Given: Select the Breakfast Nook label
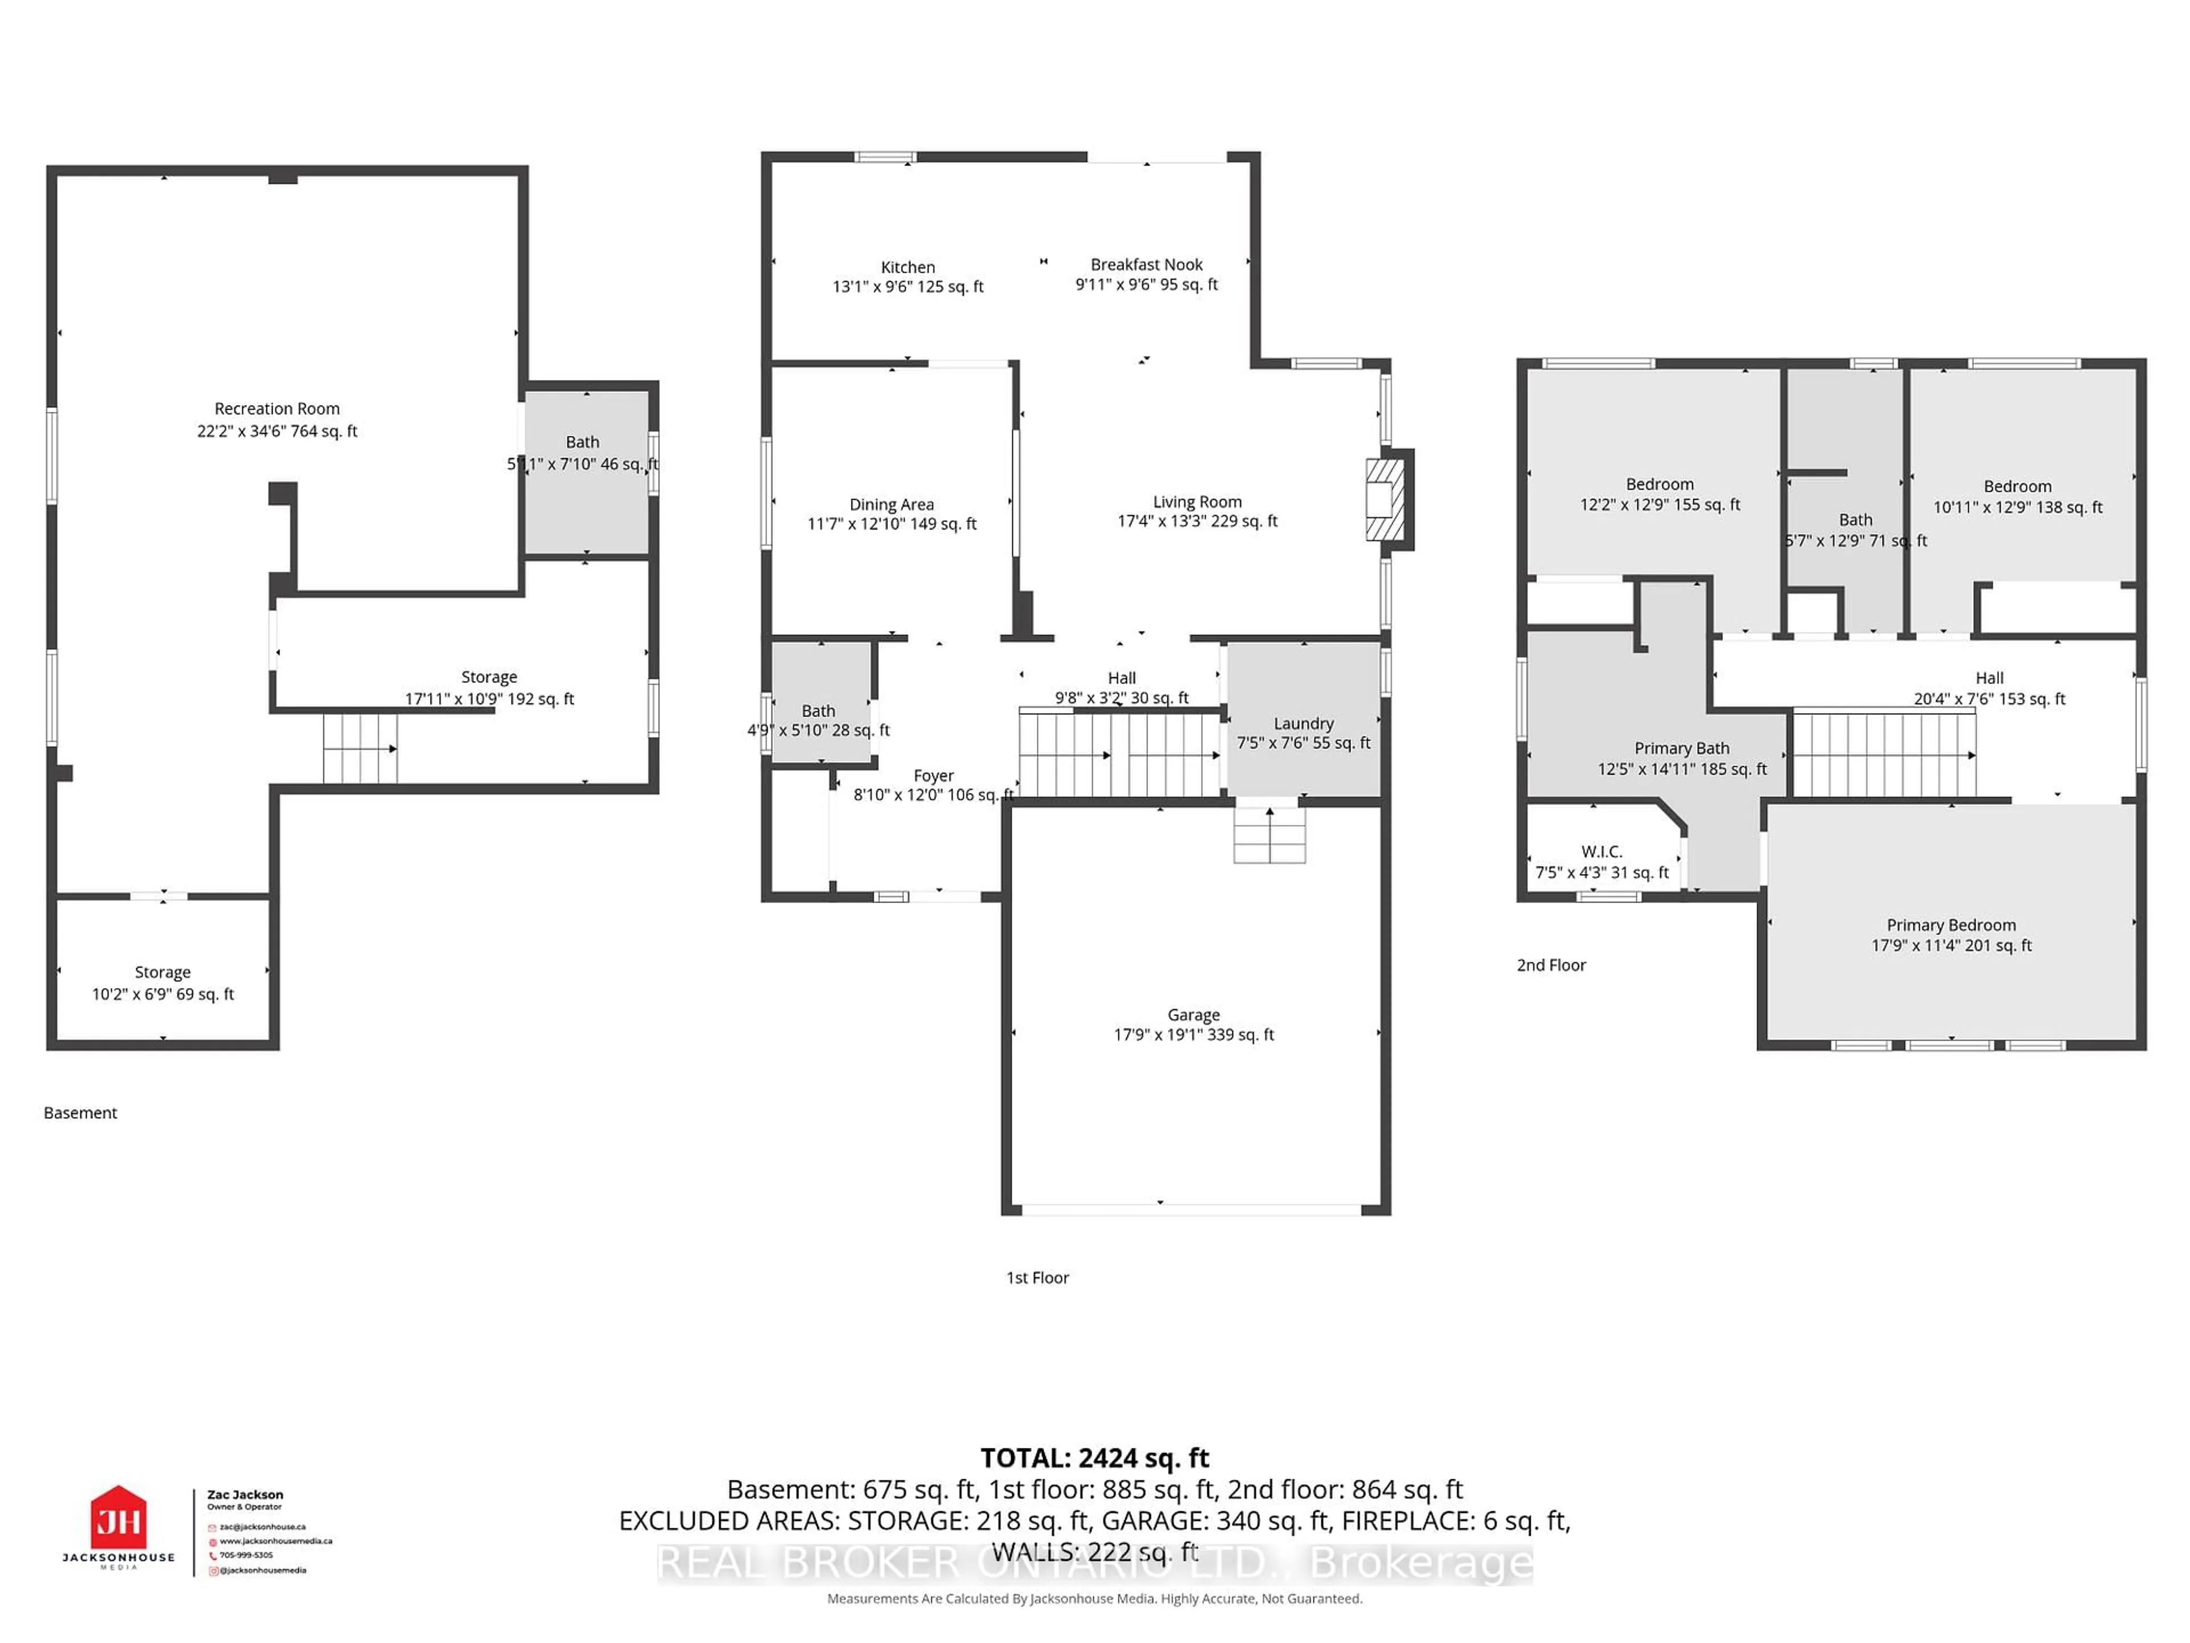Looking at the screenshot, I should [x=1146, y=265].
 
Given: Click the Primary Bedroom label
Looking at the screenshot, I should [x=1950, y=925].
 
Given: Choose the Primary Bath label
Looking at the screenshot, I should [x=1681, y=748].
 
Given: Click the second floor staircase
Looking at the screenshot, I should [x=1884, y=755].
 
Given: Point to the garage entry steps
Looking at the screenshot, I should [x=1270, y=835].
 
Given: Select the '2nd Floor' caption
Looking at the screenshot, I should [x=1551, y=965].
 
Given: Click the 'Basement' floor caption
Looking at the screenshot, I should [x=80, y=1112].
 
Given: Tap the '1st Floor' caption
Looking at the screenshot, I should [x=1037, y=1277].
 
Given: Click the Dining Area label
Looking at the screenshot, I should [x=891, y=505].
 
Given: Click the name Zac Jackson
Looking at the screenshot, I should [x=245, y=1495].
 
